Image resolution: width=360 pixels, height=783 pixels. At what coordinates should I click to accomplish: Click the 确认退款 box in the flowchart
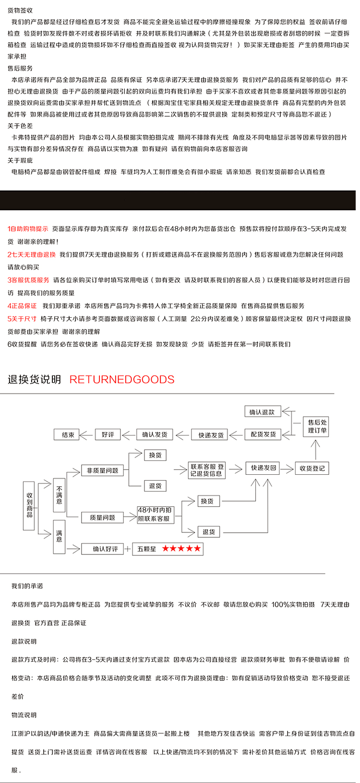click(x=262, y=412)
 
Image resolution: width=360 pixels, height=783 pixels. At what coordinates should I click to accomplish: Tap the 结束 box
click(x=66, y=434)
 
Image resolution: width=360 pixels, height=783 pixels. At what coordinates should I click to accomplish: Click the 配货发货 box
click(x=263, y=434)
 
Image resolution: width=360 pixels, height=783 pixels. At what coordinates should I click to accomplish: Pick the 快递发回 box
click(x=263, y=468)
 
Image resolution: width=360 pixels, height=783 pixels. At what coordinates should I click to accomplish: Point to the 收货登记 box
click(x=312, y=468)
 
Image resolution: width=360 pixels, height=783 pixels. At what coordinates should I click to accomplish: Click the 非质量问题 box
click(x=102, y=470)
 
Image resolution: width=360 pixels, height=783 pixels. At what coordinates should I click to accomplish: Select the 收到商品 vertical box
click(x=29, y=505)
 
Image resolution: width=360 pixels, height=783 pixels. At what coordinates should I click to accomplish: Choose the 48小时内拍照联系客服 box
click(x=155, y=514)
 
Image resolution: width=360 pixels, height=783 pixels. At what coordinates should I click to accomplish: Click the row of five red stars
click(x=181, y=549)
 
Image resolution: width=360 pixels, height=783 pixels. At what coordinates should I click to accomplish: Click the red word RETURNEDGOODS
click(x=122, y=379)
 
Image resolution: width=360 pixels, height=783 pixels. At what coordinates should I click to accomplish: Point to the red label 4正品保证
click(x=22, y=306)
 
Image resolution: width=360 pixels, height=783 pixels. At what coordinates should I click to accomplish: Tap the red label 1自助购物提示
click(x=28, y=229)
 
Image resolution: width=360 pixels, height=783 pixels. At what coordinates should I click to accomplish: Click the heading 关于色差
click(x=20, y=126)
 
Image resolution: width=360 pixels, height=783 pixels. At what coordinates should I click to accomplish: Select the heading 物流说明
click(x=24, y=715)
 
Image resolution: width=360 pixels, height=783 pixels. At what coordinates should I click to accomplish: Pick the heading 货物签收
click(x=20, y=10)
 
